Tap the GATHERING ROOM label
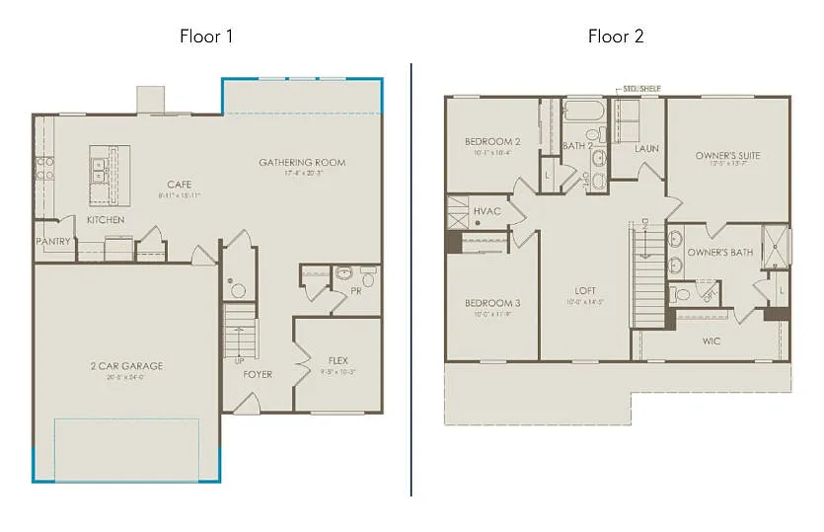[x=302, y=162]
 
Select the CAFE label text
[x=179, y=184]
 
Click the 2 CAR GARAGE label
[x=125, y=365]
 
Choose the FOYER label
[x=257, y=374]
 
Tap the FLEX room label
[x=337, y=360]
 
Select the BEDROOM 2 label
[x=492, y=142]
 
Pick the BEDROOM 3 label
[x=492, y=303]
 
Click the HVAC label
[x=487, y=211]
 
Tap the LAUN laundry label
[x=646, y=149]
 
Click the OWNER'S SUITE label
[x=727, y=156]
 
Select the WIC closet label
[x=711, y=342]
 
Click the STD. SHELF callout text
[x=640, y=89]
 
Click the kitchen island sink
[x=100, y=170]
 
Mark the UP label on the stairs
[x=238, y=361]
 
